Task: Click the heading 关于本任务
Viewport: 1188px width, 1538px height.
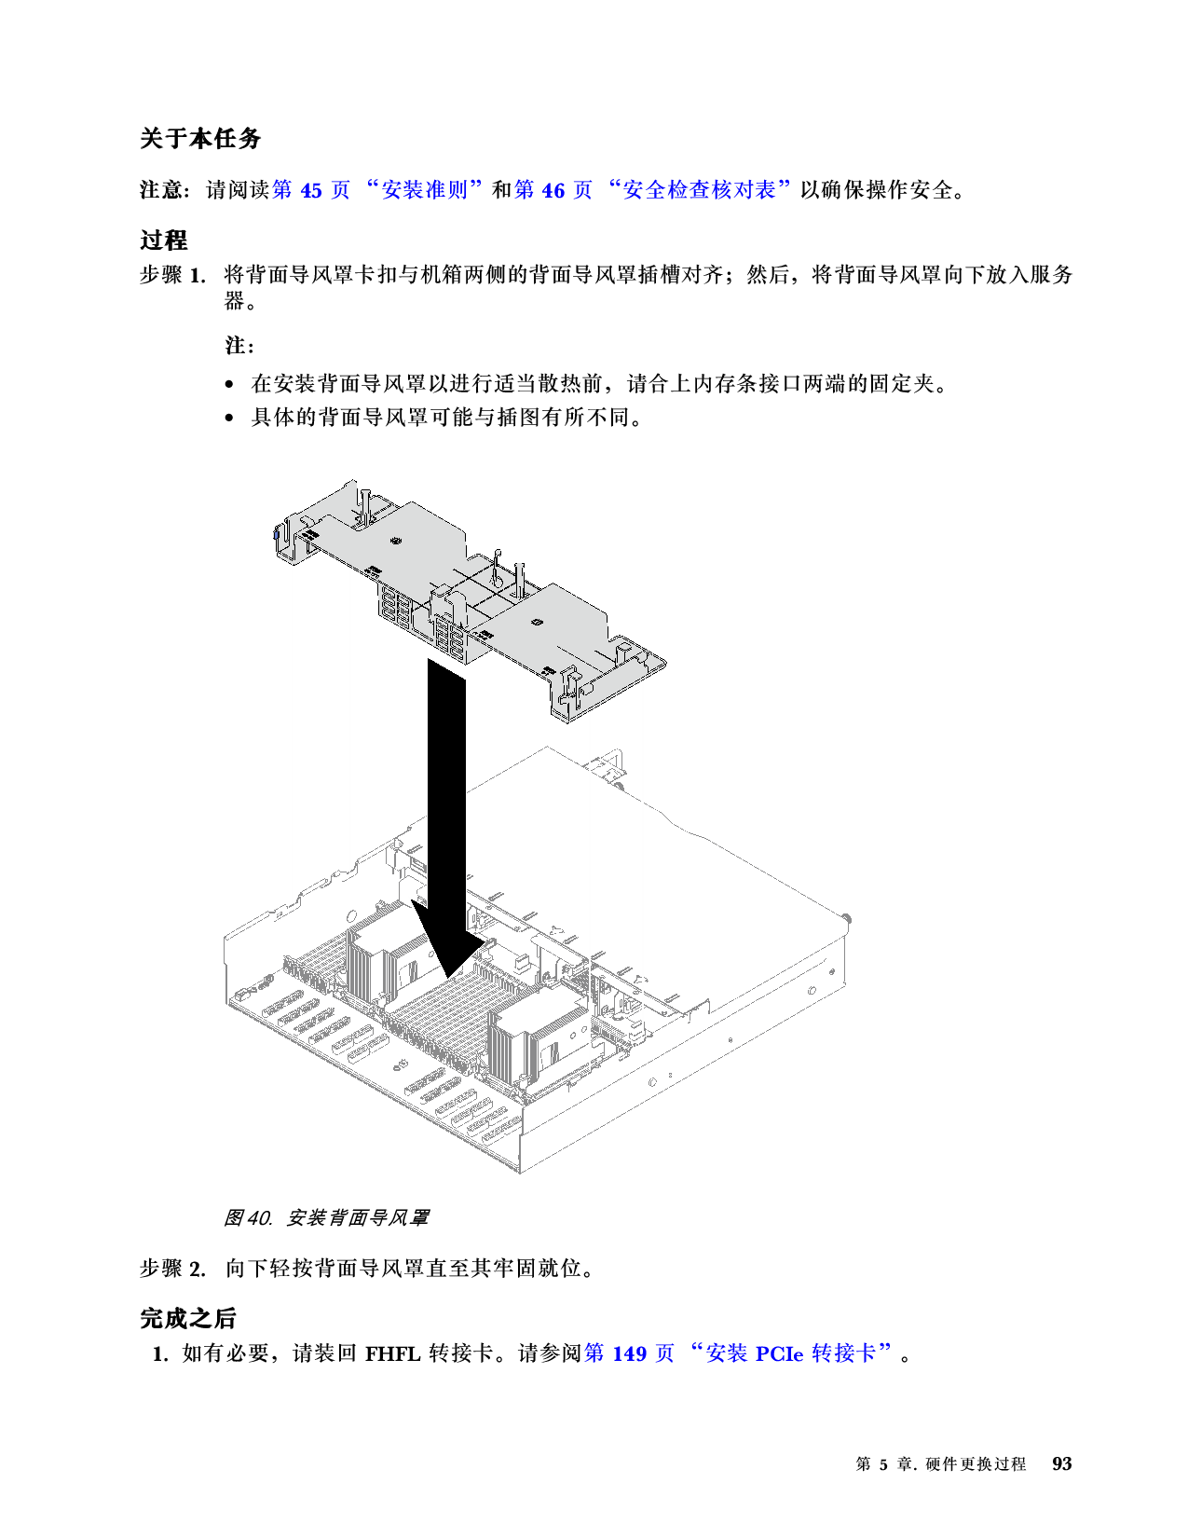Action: coord(200,138)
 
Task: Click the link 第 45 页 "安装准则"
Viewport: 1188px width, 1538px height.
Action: coord(378,189)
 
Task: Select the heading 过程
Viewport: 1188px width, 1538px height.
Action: coord(163,240)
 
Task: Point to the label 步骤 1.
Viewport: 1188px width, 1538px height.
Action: coord(172,275)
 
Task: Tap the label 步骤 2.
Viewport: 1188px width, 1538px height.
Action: coord(172,1269)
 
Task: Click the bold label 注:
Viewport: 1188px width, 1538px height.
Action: coord(239,346)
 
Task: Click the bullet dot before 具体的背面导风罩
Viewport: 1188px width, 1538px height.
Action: coord(228,419)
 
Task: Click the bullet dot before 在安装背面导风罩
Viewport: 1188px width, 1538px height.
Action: coord(228,385)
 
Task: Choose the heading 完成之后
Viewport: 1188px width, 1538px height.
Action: coord(187,1318)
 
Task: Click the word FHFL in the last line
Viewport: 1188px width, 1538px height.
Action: coord(392,1354)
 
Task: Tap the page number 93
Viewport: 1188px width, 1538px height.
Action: coord(1061,1463)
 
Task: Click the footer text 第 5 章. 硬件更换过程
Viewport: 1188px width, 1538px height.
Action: coord(941,1463)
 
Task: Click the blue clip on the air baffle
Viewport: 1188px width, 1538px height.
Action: coord(276,534)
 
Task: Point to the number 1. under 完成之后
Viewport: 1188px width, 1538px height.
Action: coord(160,1354)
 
